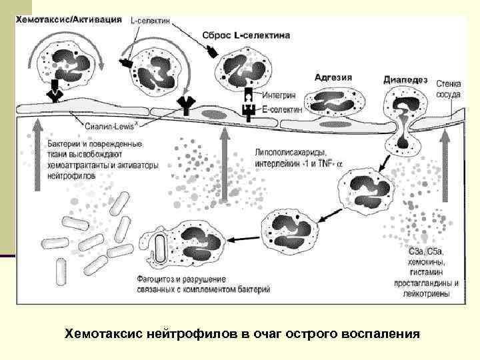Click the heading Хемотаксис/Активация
69,19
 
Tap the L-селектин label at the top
150,20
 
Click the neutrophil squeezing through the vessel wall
402,120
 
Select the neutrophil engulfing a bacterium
189,244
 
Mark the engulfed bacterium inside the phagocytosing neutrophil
160,247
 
